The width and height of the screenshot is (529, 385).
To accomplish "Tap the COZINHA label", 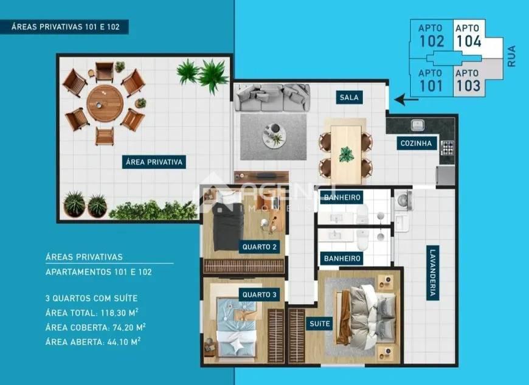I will (417, 144).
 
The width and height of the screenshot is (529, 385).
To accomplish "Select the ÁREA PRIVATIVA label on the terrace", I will (154, 162).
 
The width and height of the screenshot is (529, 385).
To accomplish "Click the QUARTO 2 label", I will (260, 247).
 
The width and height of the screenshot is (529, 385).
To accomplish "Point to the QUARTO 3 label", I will (259, 295).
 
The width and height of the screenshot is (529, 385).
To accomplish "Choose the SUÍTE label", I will (320, 324).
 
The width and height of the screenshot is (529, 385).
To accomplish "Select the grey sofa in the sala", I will (272, 97).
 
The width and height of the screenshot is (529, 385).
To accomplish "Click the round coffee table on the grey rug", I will (273, 135).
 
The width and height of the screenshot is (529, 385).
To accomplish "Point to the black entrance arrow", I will (402, 99).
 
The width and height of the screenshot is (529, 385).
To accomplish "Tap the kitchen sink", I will (417, 125).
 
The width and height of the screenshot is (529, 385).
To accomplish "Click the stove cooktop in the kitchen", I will (447, 147).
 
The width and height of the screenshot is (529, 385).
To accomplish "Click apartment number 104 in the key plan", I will (468, 41).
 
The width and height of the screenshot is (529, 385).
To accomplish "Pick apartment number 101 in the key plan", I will (431, 85).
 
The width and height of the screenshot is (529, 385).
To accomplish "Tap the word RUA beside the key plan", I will (511, 57).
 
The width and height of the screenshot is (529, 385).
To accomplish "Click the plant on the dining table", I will (346, 154).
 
